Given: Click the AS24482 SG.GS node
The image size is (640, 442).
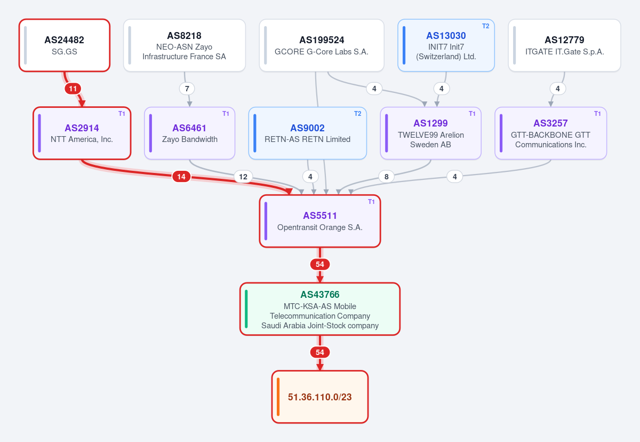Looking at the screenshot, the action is (65, 45).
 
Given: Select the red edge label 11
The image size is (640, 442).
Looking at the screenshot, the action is (73, 89).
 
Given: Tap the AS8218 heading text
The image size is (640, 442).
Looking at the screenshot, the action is (185, 36).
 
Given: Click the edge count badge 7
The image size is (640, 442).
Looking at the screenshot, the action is (187, 89).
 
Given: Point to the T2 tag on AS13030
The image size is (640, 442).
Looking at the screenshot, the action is (486, 26).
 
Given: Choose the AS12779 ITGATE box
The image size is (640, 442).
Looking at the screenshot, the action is (565, 45).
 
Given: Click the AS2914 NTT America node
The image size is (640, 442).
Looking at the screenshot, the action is (82, 133).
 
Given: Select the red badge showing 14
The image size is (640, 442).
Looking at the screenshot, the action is (181, 177).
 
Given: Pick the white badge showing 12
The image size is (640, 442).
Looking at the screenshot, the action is (243, 177).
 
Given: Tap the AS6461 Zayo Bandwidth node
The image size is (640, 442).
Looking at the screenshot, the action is (190, 133).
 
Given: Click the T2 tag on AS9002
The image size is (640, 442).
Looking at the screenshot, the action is (358, 114).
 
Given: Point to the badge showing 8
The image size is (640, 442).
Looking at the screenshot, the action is (387, 177).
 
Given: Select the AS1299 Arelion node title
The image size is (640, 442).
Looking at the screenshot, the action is (430, 123).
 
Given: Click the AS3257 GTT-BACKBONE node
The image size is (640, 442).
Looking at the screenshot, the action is (551, 133).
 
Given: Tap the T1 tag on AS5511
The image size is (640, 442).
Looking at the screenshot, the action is (371, 202).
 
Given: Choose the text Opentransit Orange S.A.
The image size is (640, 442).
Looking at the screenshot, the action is (320, 227).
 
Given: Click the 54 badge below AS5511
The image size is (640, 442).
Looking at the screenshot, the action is (320, 264).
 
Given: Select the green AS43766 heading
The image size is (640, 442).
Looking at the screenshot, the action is (320, 295).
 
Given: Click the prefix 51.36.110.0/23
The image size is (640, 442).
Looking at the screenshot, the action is (320, 397).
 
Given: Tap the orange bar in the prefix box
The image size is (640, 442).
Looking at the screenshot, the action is (278, 397).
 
